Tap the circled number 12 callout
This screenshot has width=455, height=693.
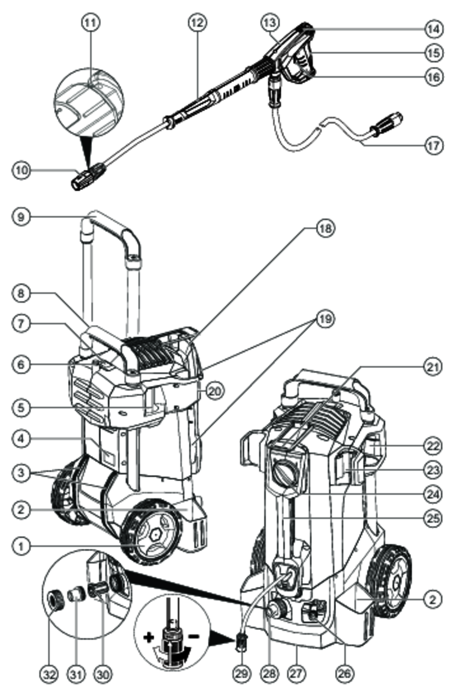pyautogui.click(x=197, y=22)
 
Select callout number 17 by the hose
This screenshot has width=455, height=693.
pyautogui.click(x=433, y=146)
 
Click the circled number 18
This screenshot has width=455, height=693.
pyautogui.click(x=325, y=228)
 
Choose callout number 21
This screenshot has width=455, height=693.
pyautogui.click(x=433, y=367)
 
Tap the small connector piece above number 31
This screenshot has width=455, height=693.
pyautogui.click(x=74, y=596)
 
